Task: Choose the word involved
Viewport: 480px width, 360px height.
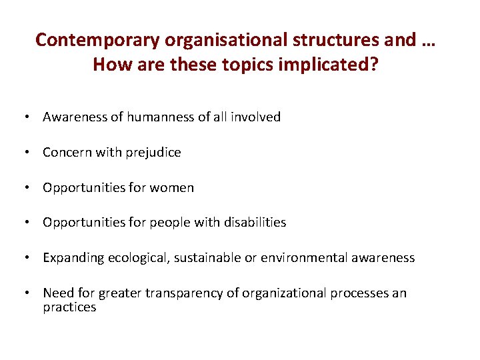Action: point(256,117)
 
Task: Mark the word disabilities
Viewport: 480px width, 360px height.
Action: point(256,223)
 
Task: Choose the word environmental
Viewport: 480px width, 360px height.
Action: point(309,258)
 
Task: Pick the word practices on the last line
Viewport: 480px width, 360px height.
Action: point(69,307)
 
